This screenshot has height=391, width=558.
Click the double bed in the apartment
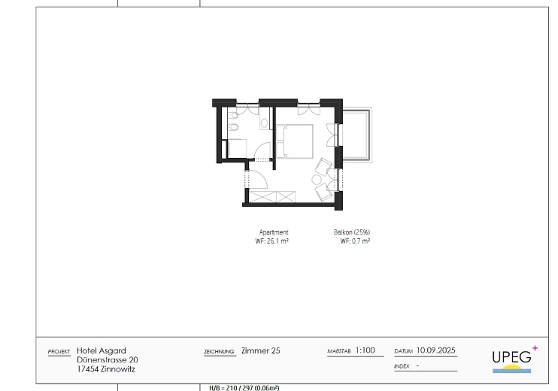tap(295, 141)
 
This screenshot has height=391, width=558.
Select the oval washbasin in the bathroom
tap(265, 123)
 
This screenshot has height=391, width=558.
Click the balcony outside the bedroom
tap(356, 135)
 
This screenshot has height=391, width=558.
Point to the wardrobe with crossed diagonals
tap(272, 197)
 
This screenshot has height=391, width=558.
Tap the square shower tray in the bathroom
tap(237, 148)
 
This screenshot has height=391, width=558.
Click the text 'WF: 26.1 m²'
tap(272, 241)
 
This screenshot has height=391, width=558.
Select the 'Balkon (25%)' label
tap(352, 232)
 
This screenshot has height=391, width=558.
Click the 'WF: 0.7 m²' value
tap(355, 241)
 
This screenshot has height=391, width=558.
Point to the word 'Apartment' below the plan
tap(274, 232)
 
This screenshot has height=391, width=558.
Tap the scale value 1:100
tap(365, 350)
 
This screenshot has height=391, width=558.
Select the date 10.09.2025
tap(436, 350)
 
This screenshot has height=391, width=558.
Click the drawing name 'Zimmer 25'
tap(261, 351)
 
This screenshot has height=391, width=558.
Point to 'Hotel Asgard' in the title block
tap(102, 351)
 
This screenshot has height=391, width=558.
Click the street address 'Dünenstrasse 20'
tap(108, 359)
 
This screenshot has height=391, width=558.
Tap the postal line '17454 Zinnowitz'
tap(106, 369)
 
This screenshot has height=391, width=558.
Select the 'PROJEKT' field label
tap(59, 352)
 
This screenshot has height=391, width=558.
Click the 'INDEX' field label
tap(402, 366)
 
